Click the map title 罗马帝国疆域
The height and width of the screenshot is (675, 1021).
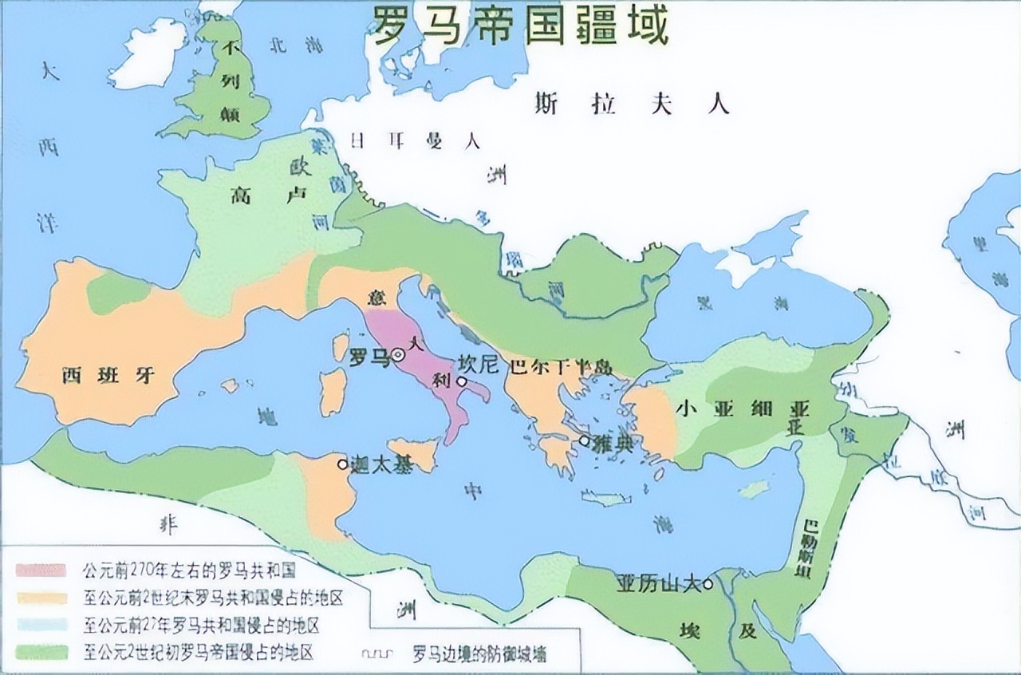(x=518, y=27)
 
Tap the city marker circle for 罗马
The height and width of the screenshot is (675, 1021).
(x=398, y=355)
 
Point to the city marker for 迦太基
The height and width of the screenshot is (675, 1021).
(x=343, y=464)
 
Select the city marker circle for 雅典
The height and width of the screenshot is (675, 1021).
(x=585, y=440)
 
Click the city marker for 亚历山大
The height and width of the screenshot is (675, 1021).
(x=708, y=583)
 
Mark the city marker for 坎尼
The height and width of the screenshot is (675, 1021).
(x=461, y=381)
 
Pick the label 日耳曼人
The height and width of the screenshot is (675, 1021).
(x=415, y=142)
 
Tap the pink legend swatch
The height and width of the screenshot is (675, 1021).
(x=41, y=570)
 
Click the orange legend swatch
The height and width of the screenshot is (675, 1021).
(x=41, y=597)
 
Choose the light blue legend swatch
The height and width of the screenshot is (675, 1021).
(x=41, y=624)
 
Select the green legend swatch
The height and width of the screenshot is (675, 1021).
(x=41, y=651)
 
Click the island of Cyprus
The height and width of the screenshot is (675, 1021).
(x=753, y=487)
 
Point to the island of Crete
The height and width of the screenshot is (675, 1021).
(x=606, y=499)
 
